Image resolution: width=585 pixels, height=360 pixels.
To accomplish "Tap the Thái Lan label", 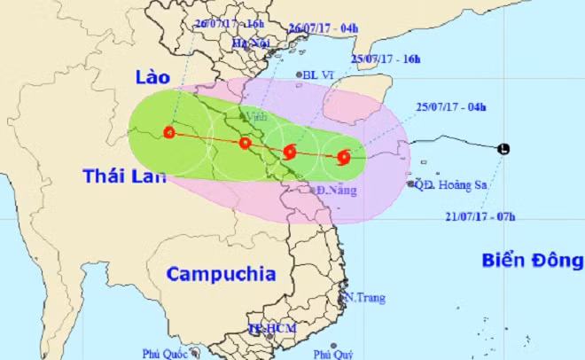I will [125, 176].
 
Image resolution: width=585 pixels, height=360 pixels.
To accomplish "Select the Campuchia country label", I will [221, 273].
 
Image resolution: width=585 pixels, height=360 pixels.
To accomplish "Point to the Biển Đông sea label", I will [533, 260].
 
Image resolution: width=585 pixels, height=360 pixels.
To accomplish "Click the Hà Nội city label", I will [249, 43].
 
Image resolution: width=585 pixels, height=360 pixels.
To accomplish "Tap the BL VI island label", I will [316, 76].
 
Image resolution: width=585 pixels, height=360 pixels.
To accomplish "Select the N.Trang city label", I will [366, 298].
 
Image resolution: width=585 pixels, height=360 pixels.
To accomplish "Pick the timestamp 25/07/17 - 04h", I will [451, 106].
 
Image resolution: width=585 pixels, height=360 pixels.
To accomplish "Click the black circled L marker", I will [503, 149].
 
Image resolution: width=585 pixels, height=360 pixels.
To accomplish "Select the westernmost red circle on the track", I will [169, 135].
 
